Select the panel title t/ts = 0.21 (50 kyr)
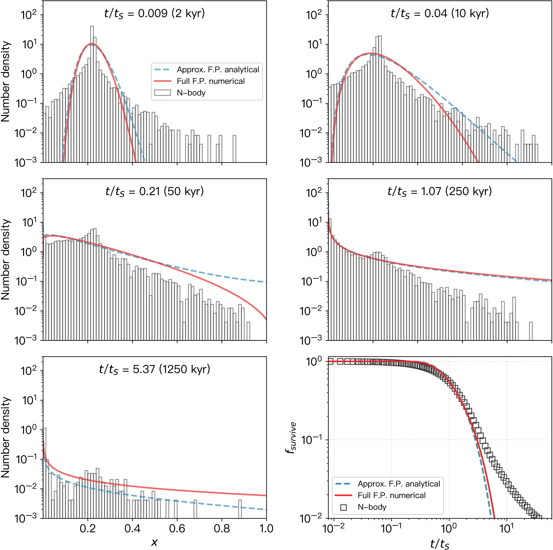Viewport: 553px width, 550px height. coord(155,191)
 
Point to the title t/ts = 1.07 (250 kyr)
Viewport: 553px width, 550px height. coord(440,191)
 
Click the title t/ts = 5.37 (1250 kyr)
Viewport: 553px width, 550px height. coord(155,369)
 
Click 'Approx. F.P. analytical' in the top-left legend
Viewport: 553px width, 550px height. coord(218,70)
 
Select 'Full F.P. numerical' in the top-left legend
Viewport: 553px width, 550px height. coord(211,81)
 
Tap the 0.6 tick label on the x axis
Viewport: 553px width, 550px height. coord(177,529)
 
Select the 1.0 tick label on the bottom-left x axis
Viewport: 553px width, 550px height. coord(266,529)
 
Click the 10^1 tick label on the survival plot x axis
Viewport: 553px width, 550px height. coord(507,529)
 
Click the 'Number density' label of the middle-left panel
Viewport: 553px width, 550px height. coord(6,260)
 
